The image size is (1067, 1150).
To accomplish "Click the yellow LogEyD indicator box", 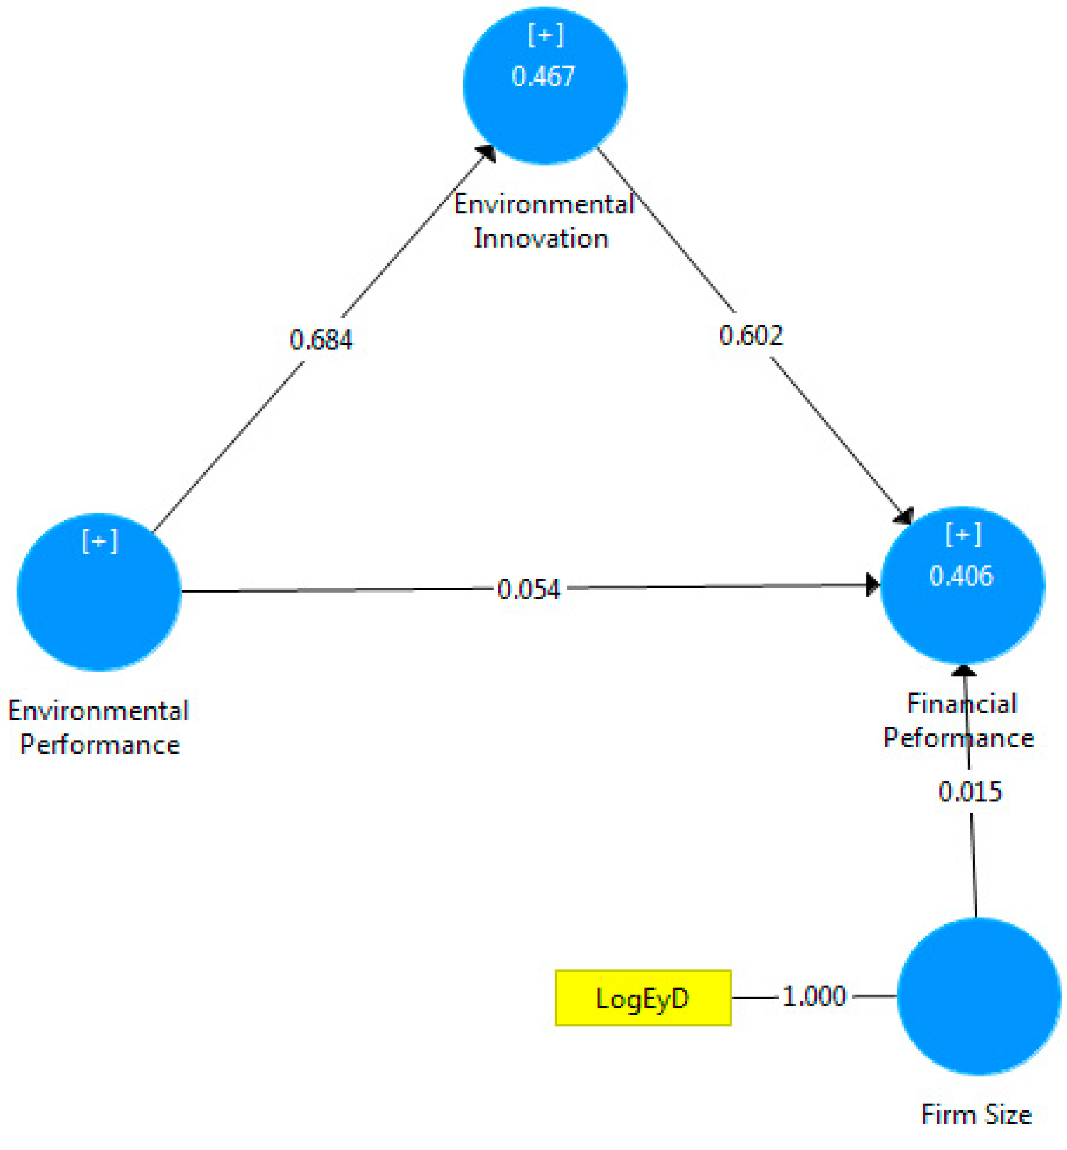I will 642,998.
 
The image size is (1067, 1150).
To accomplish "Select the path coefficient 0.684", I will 321,339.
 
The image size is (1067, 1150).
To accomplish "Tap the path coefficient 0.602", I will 751,335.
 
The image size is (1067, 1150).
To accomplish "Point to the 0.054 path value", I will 528,590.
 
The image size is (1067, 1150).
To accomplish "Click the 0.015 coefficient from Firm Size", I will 970,791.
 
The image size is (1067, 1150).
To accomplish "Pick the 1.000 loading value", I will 814,996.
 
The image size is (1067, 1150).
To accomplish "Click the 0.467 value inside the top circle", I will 543,77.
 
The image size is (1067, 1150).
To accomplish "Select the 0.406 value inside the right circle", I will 961,576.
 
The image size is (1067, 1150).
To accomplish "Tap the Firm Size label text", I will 976,1114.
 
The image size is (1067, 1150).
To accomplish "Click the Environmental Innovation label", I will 543,221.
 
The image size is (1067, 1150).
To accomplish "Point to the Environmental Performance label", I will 99,728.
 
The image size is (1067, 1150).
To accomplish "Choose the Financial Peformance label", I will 959,721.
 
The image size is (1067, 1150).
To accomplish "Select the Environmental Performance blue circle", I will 99,601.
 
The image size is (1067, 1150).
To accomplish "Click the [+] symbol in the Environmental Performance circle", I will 100,541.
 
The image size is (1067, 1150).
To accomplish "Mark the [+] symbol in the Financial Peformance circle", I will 963,534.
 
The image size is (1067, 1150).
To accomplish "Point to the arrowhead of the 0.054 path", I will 872,585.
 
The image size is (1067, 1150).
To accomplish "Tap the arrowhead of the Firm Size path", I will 964,671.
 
